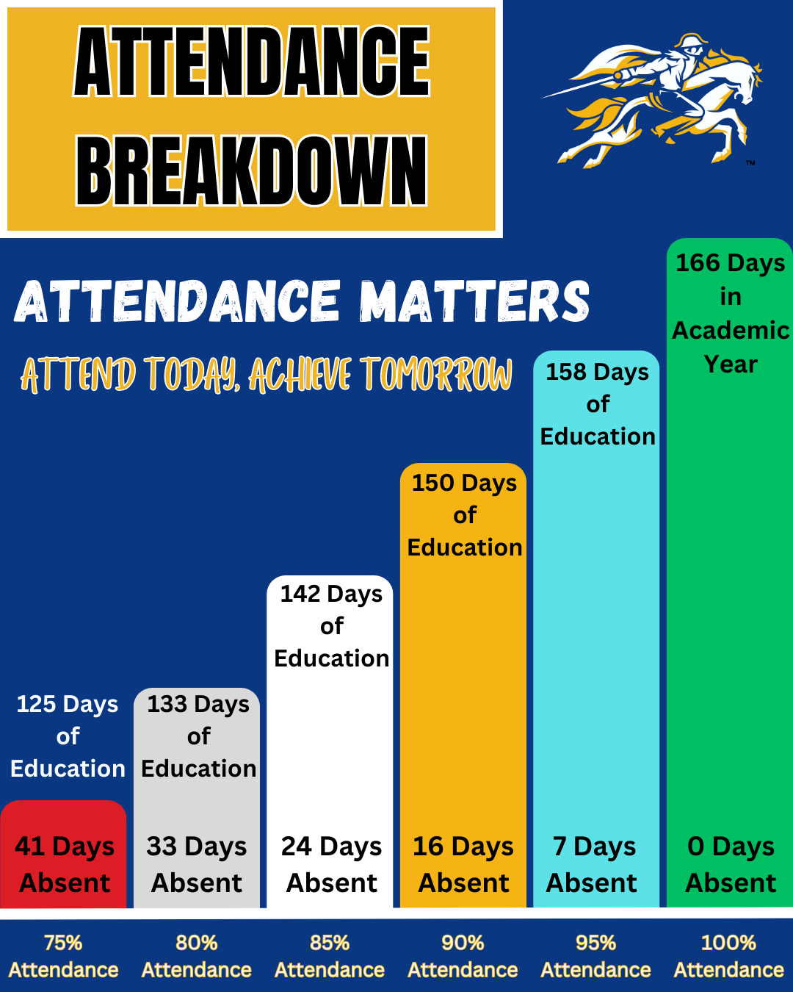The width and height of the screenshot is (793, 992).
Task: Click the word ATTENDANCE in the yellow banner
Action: point(252,62)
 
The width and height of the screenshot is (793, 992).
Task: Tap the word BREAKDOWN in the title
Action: point(252,171)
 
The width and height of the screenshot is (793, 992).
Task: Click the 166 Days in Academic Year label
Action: point(730,313)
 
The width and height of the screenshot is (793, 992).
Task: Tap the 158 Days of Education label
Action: point(598,403)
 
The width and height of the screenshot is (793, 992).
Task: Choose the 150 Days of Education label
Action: point(465,514)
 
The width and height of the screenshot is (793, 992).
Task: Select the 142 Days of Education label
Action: point(332,625)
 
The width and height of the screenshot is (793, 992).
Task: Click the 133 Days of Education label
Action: point(199,736)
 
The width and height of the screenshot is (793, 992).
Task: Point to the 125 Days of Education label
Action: point(68,736)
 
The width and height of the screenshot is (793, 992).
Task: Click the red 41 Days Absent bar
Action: point(64,856)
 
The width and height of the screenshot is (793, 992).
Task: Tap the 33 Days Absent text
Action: point(197,864)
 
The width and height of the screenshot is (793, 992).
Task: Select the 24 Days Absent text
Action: point(331,864)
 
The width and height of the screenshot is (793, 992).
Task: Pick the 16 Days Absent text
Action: point(463,864)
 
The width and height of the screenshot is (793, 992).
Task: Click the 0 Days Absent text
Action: point(731,864)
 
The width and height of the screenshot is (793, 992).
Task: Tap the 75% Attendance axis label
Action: point(64,956)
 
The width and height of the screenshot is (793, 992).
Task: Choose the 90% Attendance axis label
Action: point(463,956)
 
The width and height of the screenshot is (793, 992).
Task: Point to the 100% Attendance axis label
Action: point(729,956)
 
